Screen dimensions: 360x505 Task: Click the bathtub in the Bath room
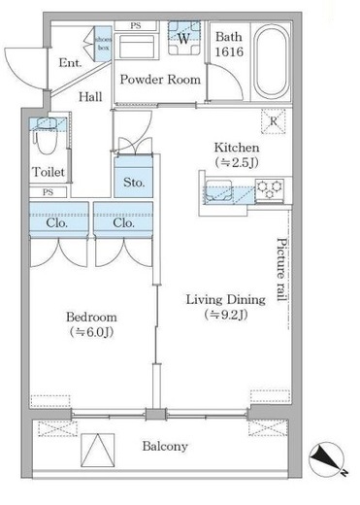(271, 62)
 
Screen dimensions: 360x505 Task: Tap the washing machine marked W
(184, 38)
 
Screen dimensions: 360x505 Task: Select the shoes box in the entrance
(103, 44)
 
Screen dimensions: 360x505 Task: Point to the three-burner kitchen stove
(270, 190)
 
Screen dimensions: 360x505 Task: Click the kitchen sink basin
(218, 191)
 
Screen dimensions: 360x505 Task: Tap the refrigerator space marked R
(274, 121)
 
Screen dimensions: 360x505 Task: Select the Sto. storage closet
(134, 177)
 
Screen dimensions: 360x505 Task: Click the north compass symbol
(326, 458)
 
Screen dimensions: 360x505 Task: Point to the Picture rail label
(281, 270)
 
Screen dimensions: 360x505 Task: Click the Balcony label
(165, 447)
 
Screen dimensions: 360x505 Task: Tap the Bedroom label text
(91, 317)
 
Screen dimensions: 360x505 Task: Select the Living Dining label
(226, 300)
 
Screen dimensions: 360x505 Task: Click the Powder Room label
(160, 80)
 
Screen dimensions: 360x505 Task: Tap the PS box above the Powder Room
(136, 26)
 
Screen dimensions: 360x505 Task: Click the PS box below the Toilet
(48, 192)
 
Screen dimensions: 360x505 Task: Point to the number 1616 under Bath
(229, 51)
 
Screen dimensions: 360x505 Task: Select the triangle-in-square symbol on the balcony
(98, 451)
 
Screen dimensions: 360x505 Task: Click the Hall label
(90, 96)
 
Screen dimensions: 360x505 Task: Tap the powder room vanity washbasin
(137, 47)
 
